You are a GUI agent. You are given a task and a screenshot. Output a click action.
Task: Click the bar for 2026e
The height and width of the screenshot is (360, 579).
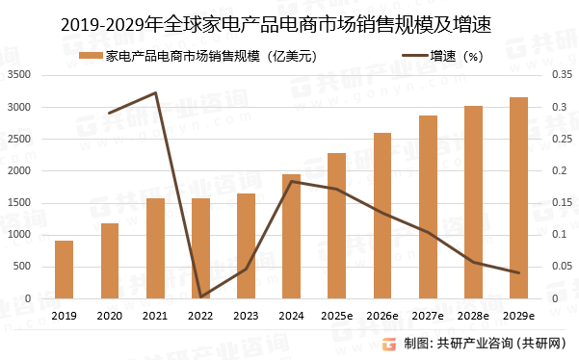382,216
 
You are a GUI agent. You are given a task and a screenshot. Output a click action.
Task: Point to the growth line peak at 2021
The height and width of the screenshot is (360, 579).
155,93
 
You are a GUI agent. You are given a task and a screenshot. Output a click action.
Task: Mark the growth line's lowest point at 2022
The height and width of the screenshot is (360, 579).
200,297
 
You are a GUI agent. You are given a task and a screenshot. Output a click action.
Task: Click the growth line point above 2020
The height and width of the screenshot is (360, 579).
110,113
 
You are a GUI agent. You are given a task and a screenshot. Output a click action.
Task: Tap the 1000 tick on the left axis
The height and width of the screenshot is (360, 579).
20,235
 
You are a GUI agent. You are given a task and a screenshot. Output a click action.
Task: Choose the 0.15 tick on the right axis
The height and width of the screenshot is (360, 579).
560,203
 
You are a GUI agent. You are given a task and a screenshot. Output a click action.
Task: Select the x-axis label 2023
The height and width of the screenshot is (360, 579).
246,315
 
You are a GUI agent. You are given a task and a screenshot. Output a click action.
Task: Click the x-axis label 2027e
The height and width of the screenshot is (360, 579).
428,315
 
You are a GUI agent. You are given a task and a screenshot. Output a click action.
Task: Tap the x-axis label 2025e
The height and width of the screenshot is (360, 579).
336,315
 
